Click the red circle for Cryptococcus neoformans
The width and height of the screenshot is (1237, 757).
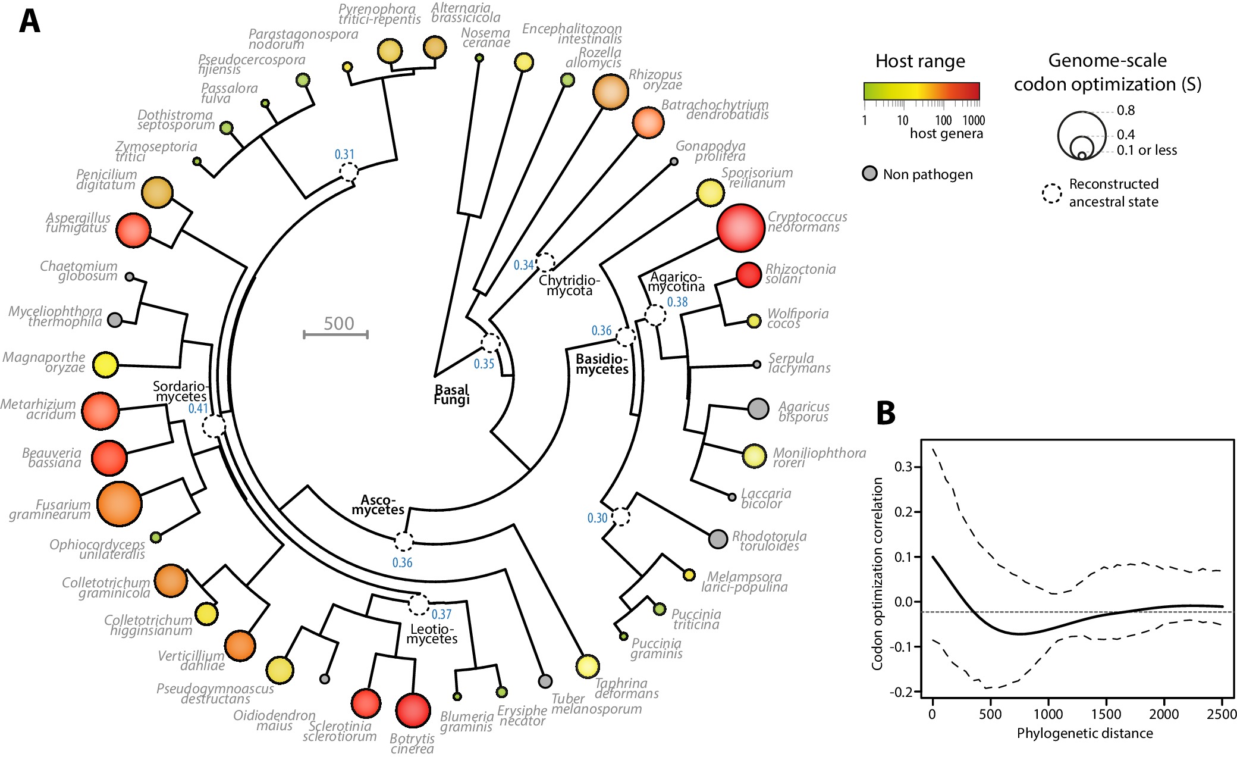click(740, 228)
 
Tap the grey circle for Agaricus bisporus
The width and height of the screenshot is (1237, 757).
click(758, 408)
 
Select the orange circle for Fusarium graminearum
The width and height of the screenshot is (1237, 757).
click(120, 504)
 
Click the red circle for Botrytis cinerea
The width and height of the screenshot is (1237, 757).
click(413, 710)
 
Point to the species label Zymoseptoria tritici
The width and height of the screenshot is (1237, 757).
click(156, 151)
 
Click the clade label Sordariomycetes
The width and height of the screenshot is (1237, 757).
click(180, 391)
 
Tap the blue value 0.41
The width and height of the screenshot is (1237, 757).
click(198, 408)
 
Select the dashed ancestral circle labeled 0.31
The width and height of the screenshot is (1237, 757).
click(349, 172)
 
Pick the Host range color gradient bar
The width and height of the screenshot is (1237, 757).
click(921, 91)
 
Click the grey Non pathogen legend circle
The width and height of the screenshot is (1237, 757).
click(869, 174)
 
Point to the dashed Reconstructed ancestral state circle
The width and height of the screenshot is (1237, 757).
click(1051, 193)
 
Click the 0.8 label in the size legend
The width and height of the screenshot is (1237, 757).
click(1125, 110)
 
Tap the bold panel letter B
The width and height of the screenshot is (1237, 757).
click(886, 412)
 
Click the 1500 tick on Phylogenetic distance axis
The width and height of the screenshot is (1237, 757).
click(1106, 714)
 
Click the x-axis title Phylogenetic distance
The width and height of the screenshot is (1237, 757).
click(1084, 733)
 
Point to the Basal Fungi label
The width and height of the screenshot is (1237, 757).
click(451, 394)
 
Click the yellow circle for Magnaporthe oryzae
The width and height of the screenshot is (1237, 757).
click(106, 365)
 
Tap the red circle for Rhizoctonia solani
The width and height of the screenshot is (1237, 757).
click(748, 274)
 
